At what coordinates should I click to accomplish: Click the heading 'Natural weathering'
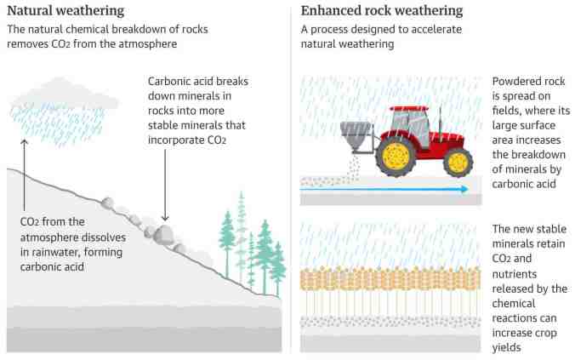[x=65, y=11]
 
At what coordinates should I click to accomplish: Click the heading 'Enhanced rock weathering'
[x=383, y=11]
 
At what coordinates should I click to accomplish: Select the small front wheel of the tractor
[x=458, y=161]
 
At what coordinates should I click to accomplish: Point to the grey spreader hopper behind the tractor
[x=356, y=135]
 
